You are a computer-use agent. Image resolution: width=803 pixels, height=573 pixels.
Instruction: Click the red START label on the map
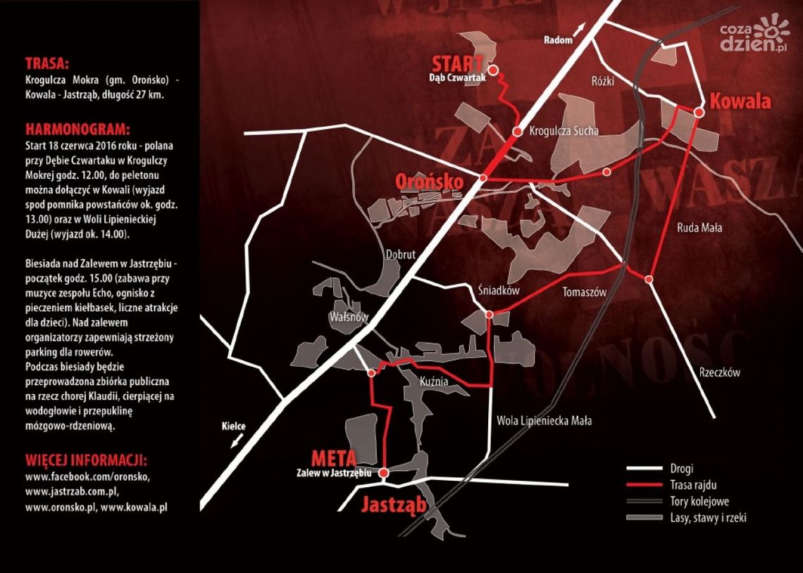[x=458, y=61]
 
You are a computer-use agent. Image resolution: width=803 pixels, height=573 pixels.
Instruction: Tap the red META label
[x=337, y=458]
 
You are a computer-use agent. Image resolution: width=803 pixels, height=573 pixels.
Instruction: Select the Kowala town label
[x=740, y=101]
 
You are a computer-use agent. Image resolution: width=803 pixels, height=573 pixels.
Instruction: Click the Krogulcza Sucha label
[x=564, y=131]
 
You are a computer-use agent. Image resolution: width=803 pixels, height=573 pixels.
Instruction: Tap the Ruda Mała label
[x=699, y=227]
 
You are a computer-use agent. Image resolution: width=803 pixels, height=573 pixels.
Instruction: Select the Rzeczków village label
[x=719, y=373]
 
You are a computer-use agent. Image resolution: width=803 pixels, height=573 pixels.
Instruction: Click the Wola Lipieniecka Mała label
[x=544, y=421]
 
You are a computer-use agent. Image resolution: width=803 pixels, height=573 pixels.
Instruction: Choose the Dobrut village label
[x=400, y=255]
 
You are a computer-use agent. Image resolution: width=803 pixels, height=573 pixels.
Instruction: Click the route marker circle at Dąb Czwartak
[x=494, y=70]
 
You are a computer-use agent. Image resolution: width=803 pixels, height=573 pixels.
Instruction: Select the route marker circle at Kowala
[x=699, y=112]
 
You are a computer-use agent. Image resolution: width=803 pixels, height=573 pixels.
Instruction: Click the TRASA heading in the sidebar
[x=46, y=61]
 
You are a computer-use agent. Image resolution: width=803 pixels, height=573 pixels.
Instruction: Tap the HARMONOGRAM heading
[x=77, y=130]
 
